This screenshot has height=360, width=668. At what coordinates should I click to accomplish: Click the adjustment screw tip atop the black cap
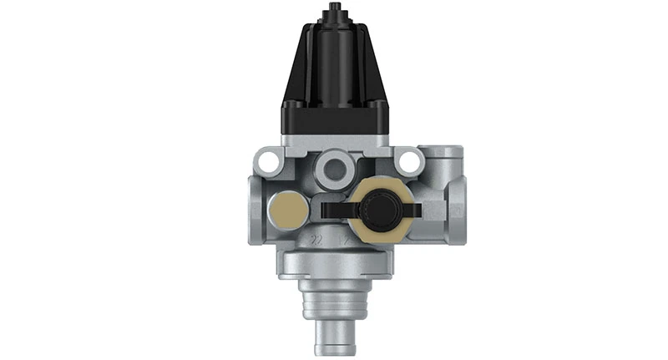pyautogui.click(x=334, y=10)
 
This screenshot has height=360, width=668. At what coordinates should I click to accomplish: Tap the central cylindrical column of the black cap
pyautogui.click(x=334, y=58)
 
